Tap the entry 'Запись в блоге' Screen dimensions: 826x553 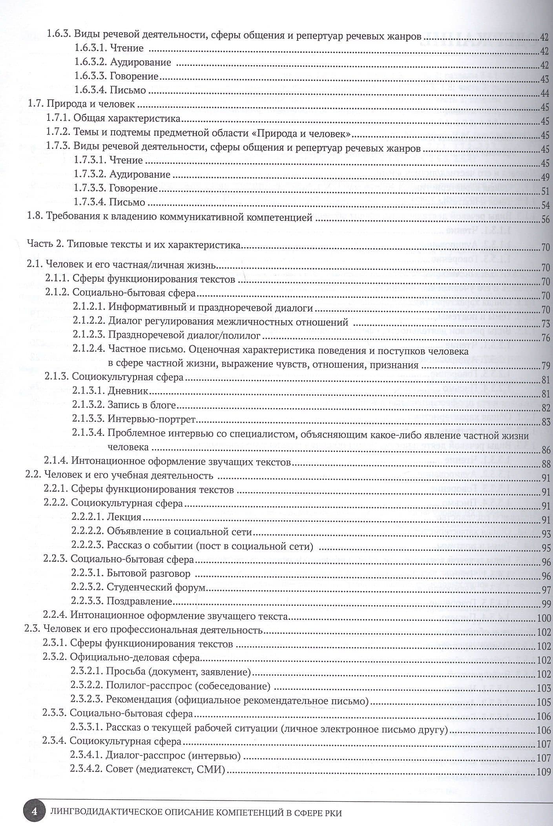pos(142,405)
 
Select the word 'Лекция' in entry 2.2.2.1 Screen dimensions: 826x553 pos(124,517)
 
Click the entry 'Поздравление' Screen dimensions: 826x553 pos(140,602)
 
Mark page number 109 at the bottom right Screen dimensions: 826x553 pos(544,772)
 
